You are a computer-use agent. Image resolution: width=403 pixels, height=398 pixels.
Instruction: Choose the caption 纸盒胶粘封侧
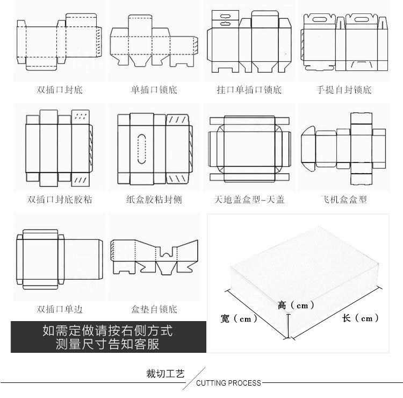pyautogui.click(x=154, y=200)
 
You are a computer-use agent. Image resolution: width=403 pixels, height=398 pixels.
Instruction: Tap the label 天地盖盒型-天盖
pyautogui.click(x=249, y=200)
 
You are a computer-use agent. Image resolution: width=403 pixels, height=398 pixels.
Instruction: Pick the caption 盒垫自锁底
pyautogui.click(x=154, y=309)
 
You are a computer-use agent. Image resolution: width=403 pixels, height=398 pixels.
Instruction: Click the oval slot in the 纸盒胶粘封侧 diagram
pyautogui.click(x=142, y=147)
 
